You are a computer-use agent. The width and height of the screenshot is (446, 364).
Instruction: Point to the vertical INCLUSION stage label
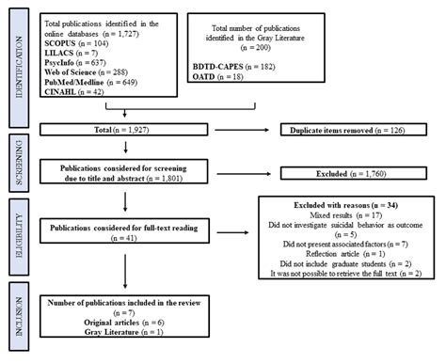(x=15, y=324)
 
